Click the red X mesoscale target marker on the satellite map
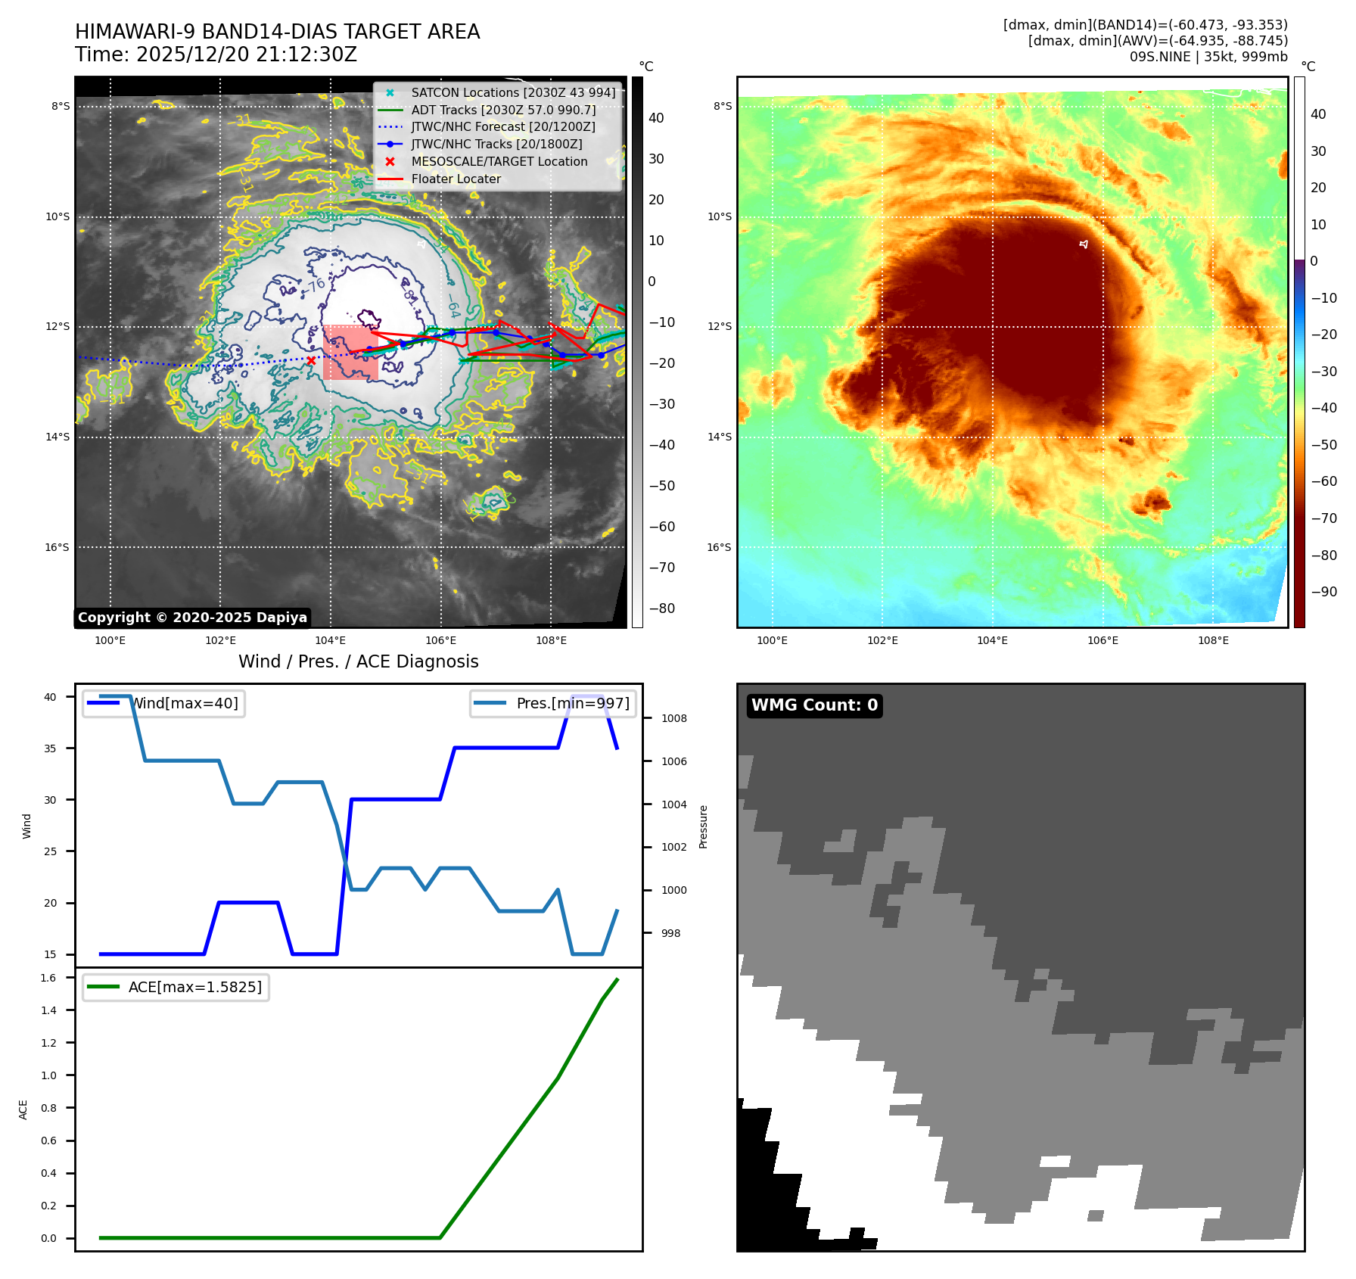point(311,360)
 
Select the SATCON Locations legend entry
point(513,93)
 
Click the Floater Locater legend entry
point(456,179)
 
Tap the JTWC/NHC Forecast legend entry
point(502,127)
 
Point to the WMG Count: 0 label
point(814,705)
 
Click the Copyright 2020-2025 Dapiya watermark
point(192,618)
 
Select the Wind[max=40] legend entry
point(185,704)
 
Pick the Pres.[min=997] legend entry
point(572,704)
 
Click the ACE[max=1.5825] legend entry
point(194,988)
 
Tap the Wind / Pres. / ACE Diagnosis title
point(358,662)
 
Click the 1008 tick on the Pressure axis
point(673,719)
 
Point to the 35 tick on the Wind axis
point(50,748)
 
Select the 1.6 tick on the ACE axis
point(48,979)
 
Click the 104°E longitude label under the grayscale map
point(330,641)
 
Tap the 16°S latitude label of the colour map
point(719,548)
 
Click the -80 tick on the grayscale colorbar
point(662,608)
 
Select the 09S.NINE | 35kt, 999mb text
point(1208,57)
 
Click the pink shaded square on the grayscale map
point(350,353)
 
